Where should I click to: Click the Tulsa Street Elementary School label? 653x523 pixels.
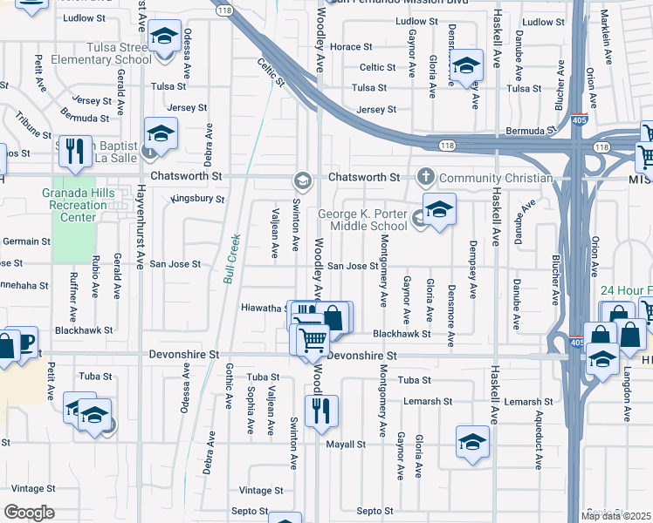[x=103, y=53]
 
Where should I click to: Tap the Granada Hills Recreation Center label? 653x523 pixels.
[x=76, y=204]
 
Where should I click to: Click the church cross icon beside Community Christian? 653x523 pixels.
[x=426, y=177]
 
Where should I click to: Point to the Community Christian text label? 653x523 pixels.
[x=495, y=178]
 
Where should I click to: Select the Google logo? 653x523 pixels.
[x=29, y=513]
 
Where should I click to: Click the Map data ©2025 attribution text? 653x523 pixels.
[x=615, y=515]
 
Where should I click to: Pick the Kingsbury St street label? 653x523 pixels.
[x=197, y=199]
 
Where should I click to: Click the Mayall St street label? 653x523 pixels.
[x=346, y=445]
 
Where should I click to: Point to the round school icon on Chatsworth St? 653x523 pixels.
[x=303, y=180]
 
